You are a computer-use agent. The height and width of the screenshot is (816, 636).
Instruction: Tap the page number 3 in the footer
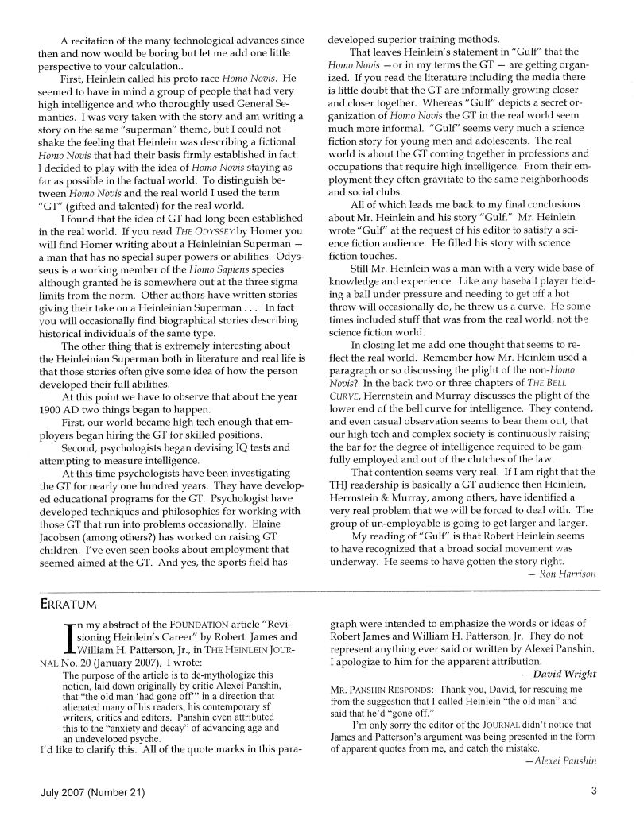593,790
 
